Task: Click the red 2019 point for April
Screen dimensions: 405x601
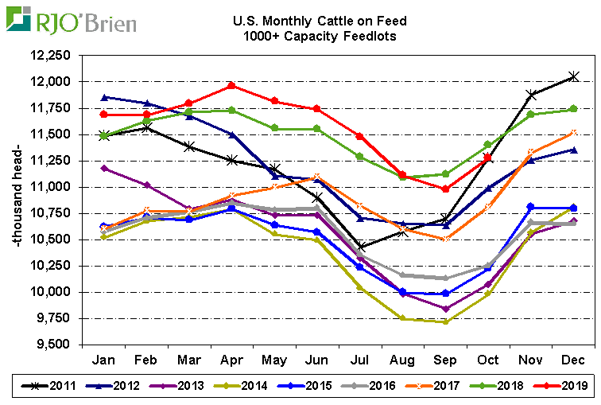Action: tap(231, 85)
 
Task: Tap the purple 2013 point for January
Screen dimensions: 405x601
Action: tap(103, 168)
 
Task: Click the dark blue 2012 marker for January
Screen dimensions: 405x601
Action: tap(103, 97)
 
